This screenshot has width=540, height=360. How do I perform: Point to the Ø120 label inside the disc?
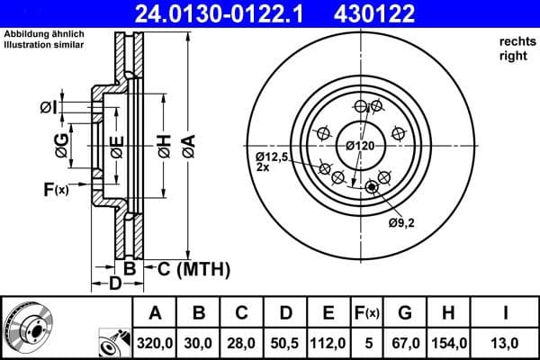[x=360, y=145]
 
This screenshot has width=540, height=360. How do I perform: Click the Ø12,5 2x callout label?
[x=270, y=161]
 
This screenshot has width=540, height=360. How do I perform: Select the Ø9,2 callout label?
[x=401, y=222]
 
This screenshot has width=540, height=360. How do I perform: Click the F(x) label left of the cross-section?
[x=55, y=189]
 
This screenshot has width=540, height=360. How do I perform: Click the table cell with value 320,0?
[x=155, y=342]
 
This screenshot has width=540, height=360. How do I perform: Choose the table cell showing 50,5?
[x=286, y=342]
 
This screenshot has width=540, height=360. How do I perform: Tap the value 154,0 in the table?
[x=447, y=342]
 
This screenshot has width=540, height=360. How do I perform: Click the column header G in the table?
[x=405, y=314]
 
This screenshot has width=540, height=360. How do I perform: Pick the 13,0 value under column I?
[x=505, y=342]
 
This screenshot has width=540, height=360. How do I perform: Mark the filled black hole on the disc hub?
[x=371, y=187]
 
